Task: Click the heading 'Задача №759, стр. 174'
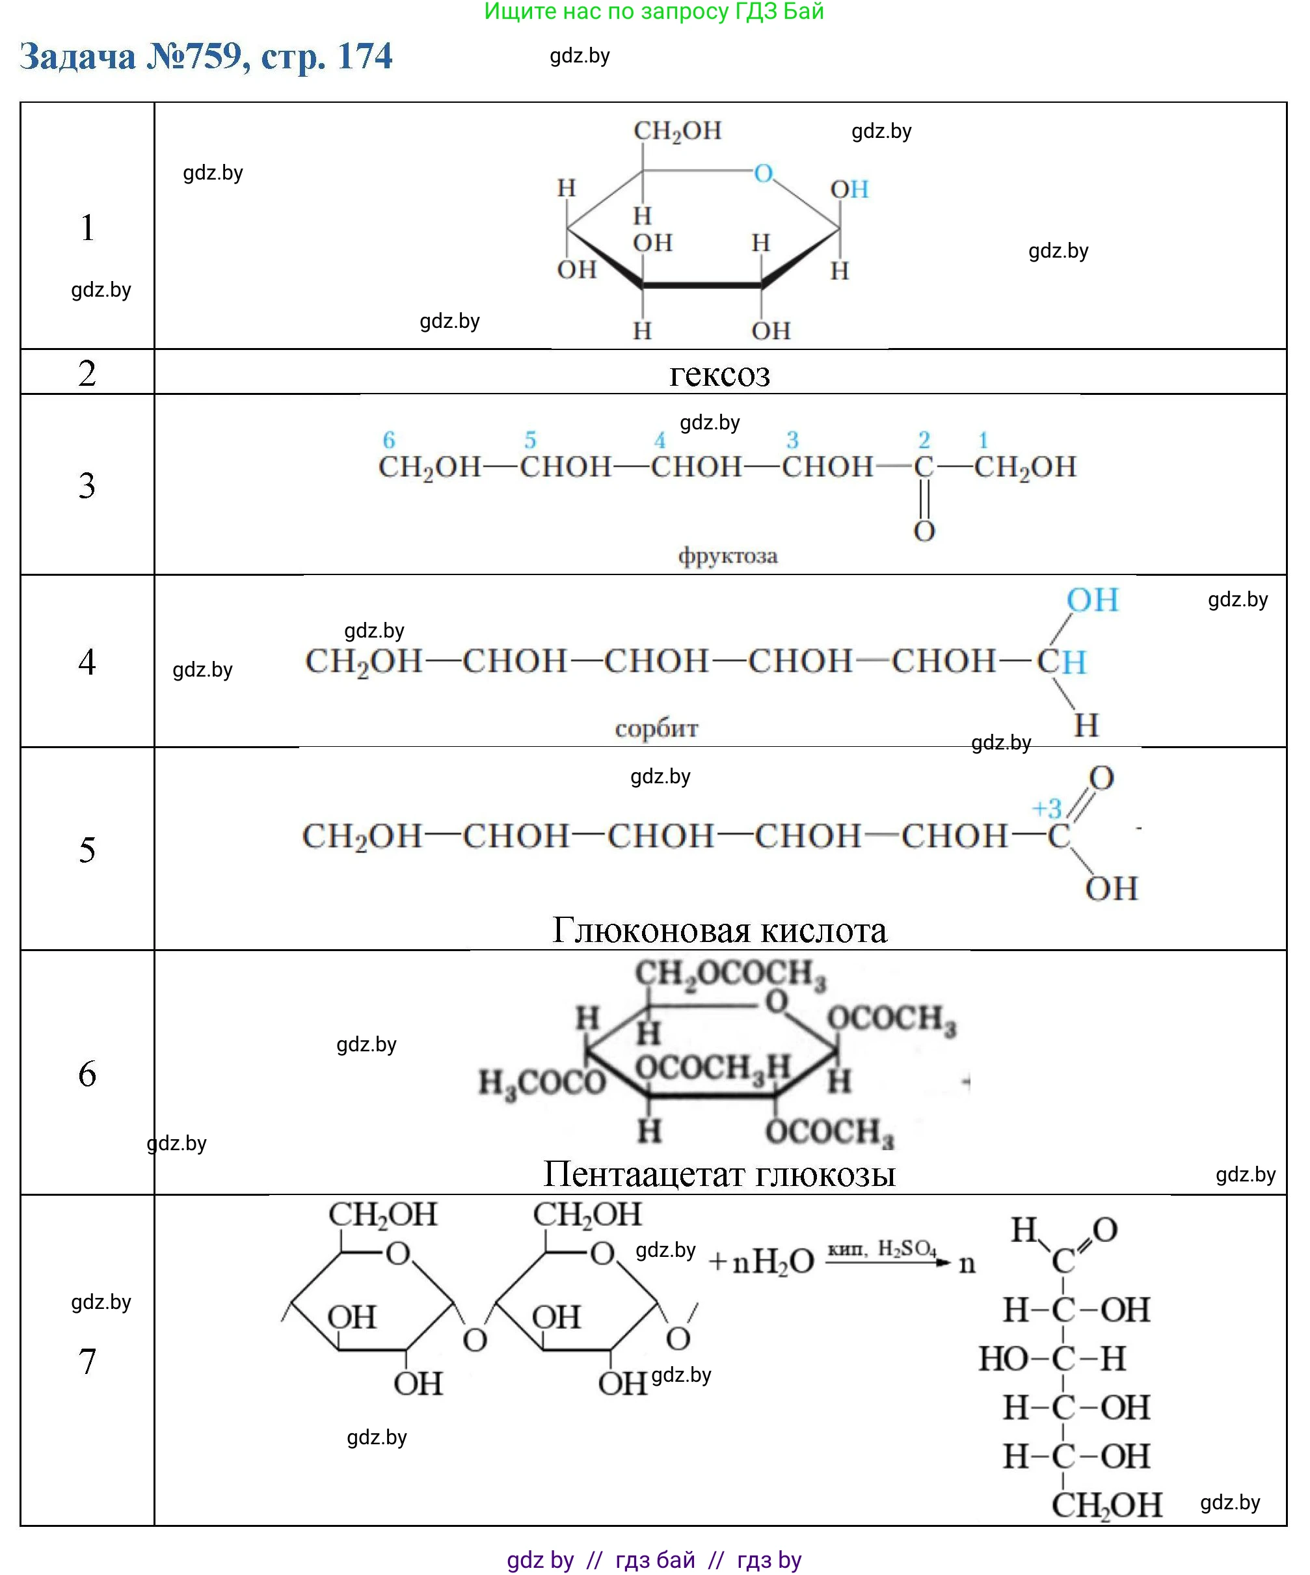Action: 206,56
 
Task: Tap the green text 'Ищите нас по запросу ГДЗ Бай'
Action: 654,11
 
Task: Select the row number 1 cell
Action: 88,226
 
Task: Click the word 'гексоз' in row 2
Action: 719,374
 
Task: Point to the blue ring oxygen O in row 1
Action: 764,173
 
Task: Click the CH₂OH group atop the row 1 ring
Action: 677,131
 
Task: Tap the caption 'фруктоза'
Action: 727,556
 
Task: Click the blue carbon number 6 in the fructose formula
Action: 388,440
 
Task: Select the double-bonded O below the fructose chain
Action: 924,531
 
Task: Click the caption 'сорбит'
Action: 656,728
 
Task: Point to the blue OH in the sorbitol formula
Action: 1093,600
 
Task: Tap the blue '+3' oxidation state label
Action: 1047,809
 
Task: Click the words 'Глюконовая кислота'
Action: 719,930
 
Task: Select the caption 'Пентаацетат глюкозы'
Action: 719,1174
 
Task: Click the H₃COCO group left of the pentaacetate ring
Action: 541,1083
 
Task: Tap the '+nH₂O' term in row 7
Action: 761,1262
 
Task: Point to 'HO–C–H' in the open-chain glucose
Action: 1052,1358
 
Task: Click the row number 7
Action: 88,1361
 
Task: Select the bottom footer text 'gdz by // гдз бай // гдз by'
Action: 654,1559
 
